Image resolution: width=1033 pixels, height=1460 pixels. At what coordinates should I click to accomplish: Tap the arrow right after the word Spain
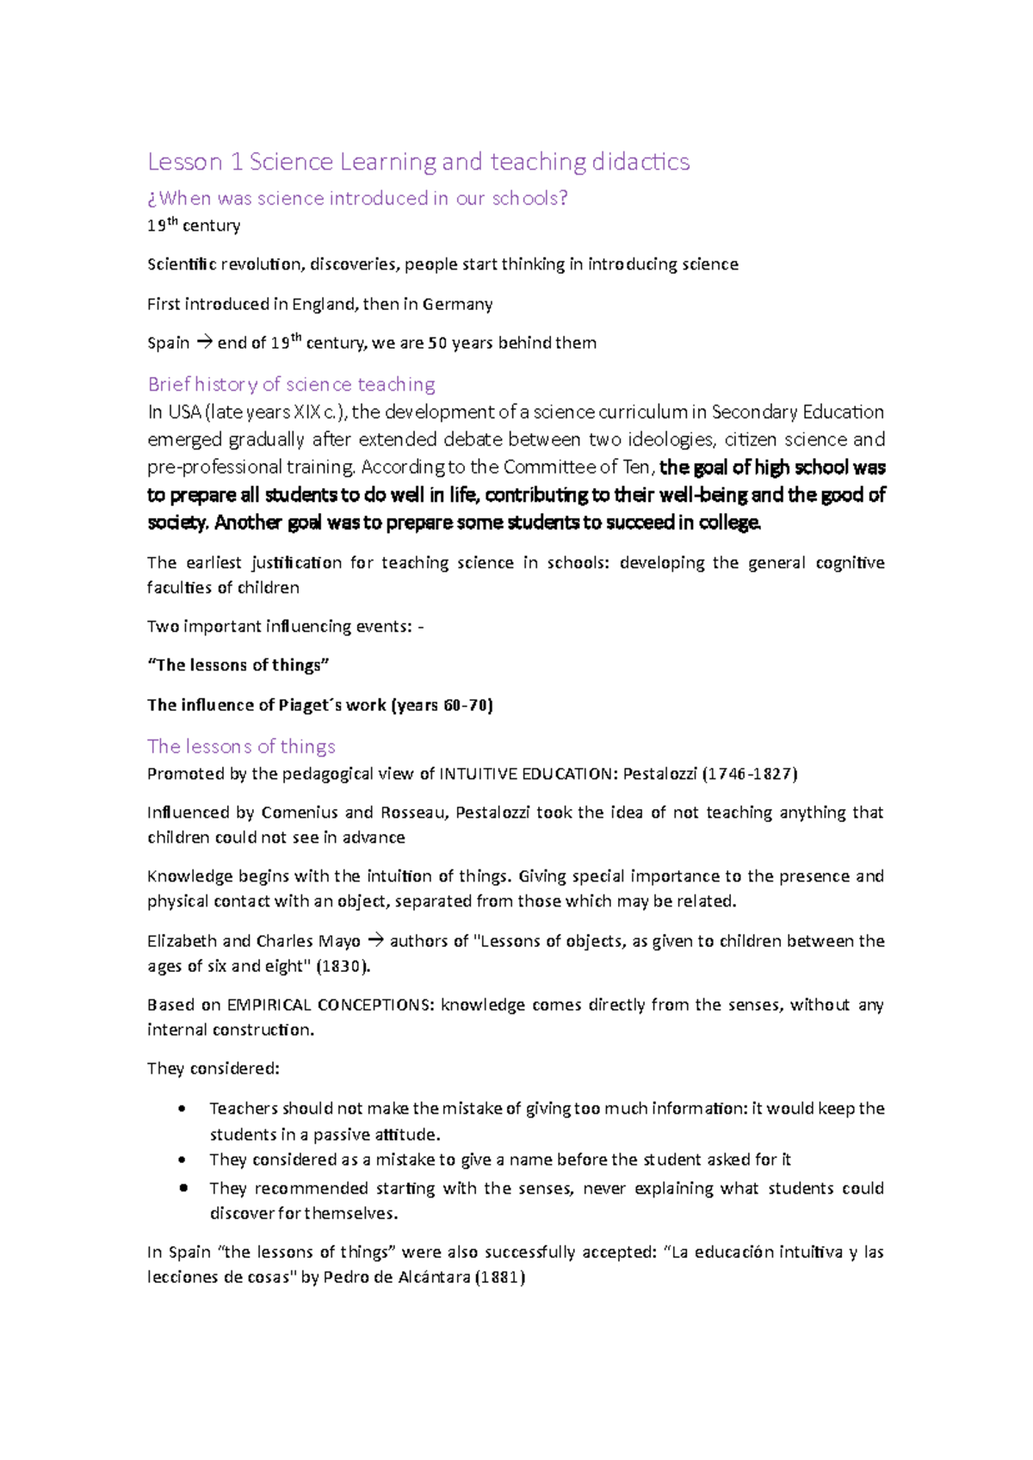tap(203, 343)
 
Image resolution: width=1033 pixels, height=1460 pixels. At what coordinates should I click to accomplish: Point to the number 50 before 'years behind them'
tap(437, 343)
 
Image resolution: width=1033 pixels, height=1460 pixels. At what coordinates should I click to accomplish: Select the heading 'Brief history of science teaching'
tap(291, 384)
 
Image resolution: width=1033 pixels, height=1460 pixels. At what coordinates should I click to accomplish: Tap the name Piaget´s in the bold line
tap(310, 705)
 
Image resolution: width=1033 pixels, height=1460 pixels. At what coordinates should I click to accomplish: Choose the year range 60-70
tap(466, 705)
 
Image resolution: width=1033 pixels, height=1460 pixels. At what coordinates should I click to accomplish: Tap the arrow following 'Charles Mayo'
tap(374, 941)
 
